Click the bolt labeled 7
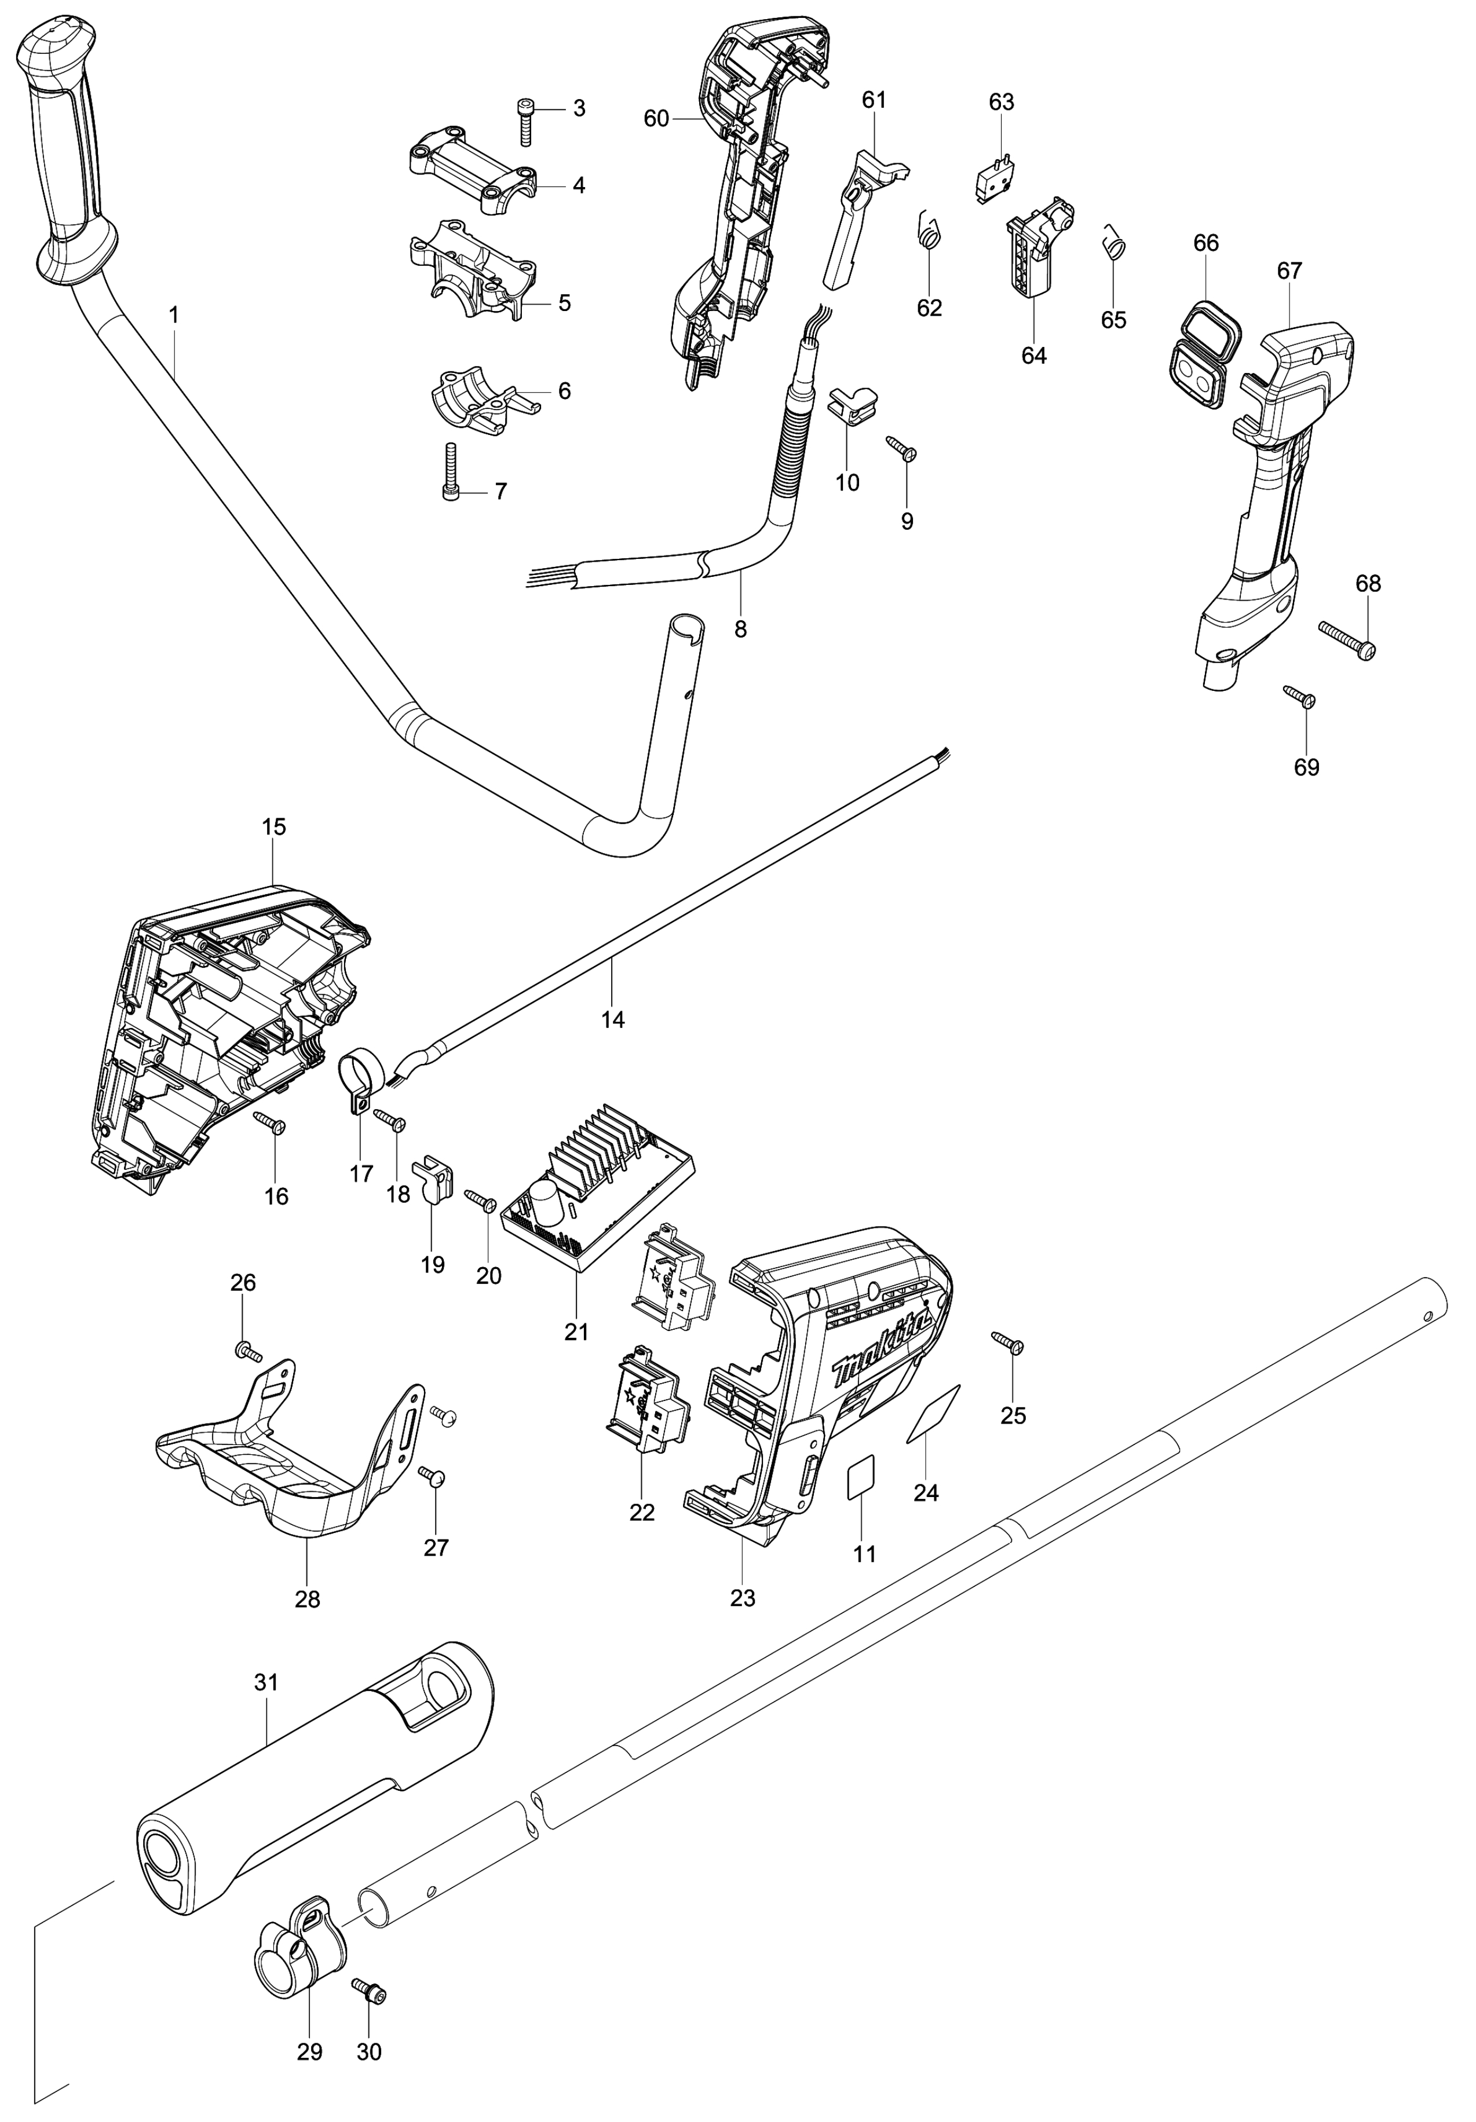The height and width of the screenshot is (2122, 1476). point(450,472)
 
